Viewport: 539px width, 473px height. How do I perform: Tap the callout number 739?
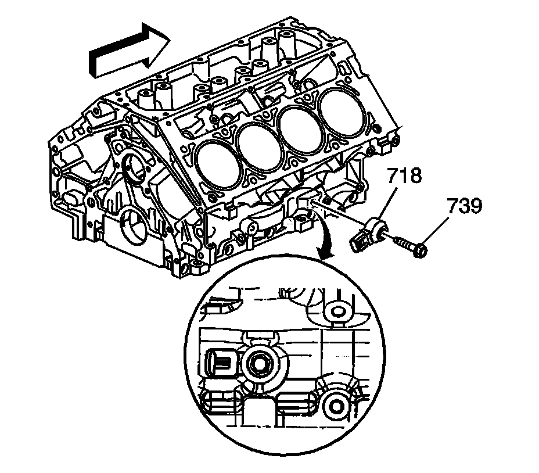click(464, 206)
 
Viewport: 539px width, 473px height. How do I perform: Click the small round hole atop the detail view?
click(336, 310)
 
